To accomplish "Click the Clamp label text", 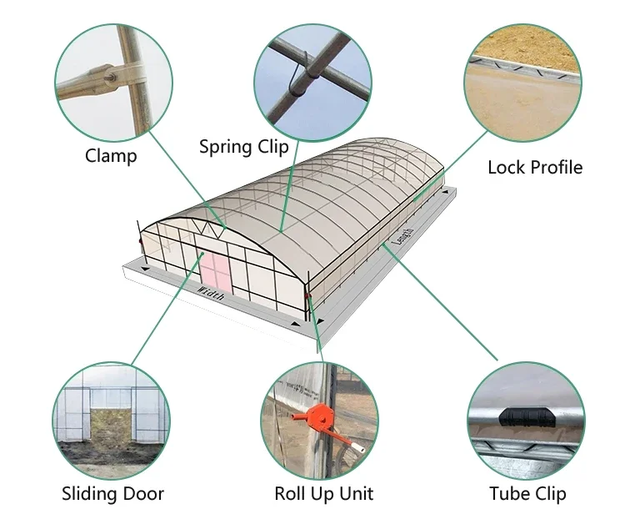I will (x=111, y=156).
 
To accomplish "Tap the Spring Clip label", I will (x=243, y=148).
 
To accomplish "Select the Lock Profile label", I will (x=534, y=167).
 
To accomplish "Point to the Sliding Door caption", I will (x=113, y=494).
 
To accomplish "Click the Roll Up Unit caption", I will (x=324, y=494).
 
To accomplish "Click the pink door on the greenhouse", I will (x=212, y=273).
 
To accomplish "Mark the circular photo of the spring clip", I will (x=314, y=79).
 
